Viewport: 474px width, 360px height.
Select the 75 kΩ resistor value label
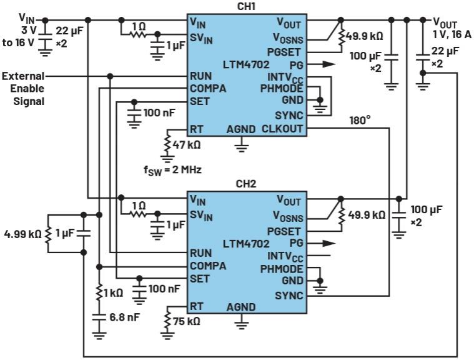(x=187, y=321)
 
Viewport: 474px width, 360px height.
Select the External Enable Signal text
(x=24, y=88)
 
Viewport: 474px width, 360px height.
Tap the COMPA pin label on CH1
(x=209, y=88)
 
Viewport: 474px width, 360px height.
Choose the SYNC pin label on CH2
(x=289, y=295)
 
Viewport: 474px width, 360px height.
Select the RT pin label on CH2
(x=197, y=306)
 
